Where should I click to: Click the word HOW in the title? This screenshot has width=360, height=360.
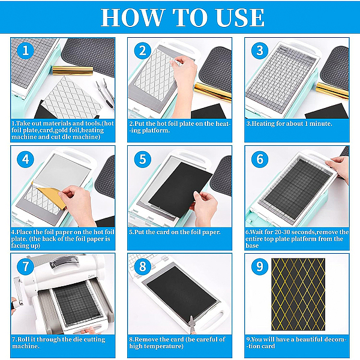tap(133, 17)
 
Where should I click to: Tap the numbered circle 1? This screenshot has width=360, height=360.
tap(25, 50)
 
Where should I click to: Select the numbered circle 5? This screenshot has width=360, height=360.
tap(143, 159)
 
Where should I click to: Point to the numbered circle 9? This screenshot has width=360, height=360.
tap(260, 266)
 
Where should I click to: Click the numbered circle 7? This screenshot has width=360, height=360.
tap(25, 266)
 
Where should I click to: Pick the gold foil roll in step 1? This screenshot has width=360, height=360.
tap(73, 71)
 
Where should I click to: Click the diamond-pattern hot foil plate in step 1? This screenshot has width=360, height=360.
tap(72, 98)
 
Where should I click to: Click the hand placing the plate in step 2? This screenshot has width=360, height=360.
tap(184, 80)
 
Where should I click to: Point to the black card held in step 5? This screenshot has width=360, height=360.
tap(181, 190)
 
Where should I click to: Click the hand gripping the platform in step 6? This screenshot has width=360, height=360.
tap(338, 167)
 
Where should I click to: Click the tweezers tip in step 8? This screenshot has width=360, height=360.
tap(191, 317)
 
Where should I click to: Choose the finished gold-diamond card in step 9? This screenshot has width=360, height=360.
tap(298, 295)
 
